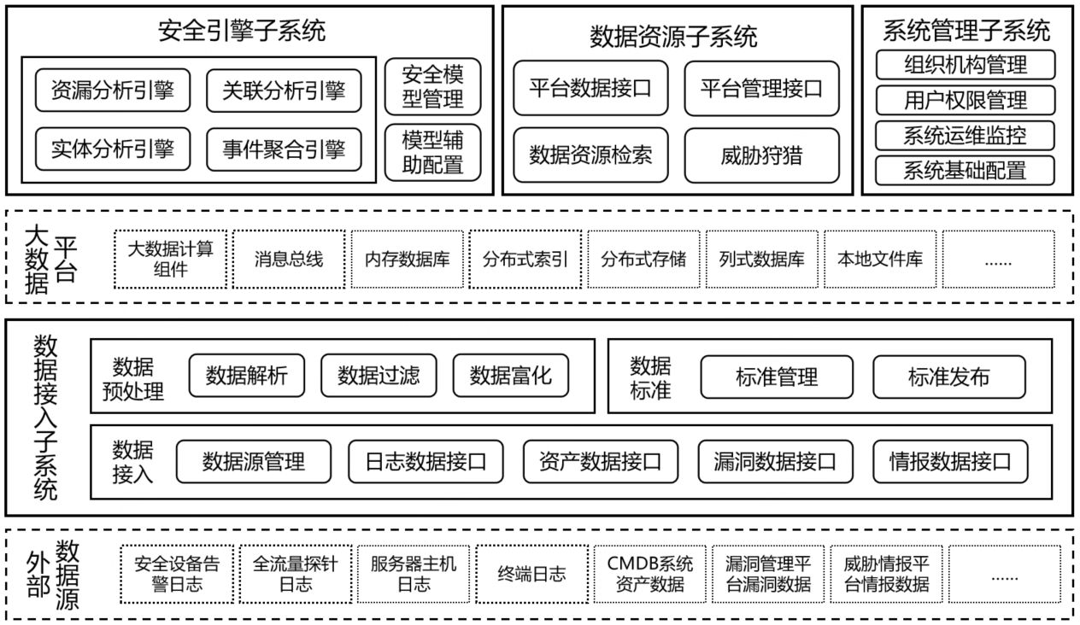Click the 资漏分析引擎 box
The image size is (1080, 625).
coord(113,91)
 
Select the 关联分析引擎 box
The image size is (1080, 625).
coord(284,91)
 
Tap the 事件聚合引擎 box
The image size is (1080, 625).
coord(284,150)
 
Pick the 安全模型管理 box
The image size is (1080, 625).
coord(433,86)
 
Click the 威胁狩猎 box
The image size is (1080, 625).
coord(761,155)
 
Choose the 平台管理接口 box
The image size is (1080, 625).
coord(761,88)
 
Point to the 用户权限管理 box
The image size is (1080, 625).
coord(966,100)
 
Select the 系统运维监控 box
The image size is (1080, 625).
coord(966,135)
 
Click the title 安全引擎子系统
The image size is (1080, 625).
coord(243,32)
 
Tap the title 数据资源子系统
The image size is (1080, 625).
coord(673,36)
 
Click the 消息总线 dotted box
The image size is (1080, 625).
coord(289,259)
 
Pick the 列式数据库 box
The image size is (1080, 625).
coord(761,259)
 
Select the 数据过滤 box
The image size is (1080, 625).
coord(379,375)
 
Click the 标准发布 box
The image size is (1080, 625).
coord(948,377)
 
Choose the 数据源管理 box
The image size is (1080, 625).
coord(254,462)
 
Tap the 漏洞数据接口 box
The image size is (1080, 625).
coord(775,462)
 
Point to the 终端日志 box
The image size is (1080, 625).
coord(531,574)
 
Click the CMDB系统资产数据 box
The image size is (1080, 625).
coord(650,574)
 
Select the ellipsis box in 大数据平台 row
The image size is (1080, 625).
coord(997,259)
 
